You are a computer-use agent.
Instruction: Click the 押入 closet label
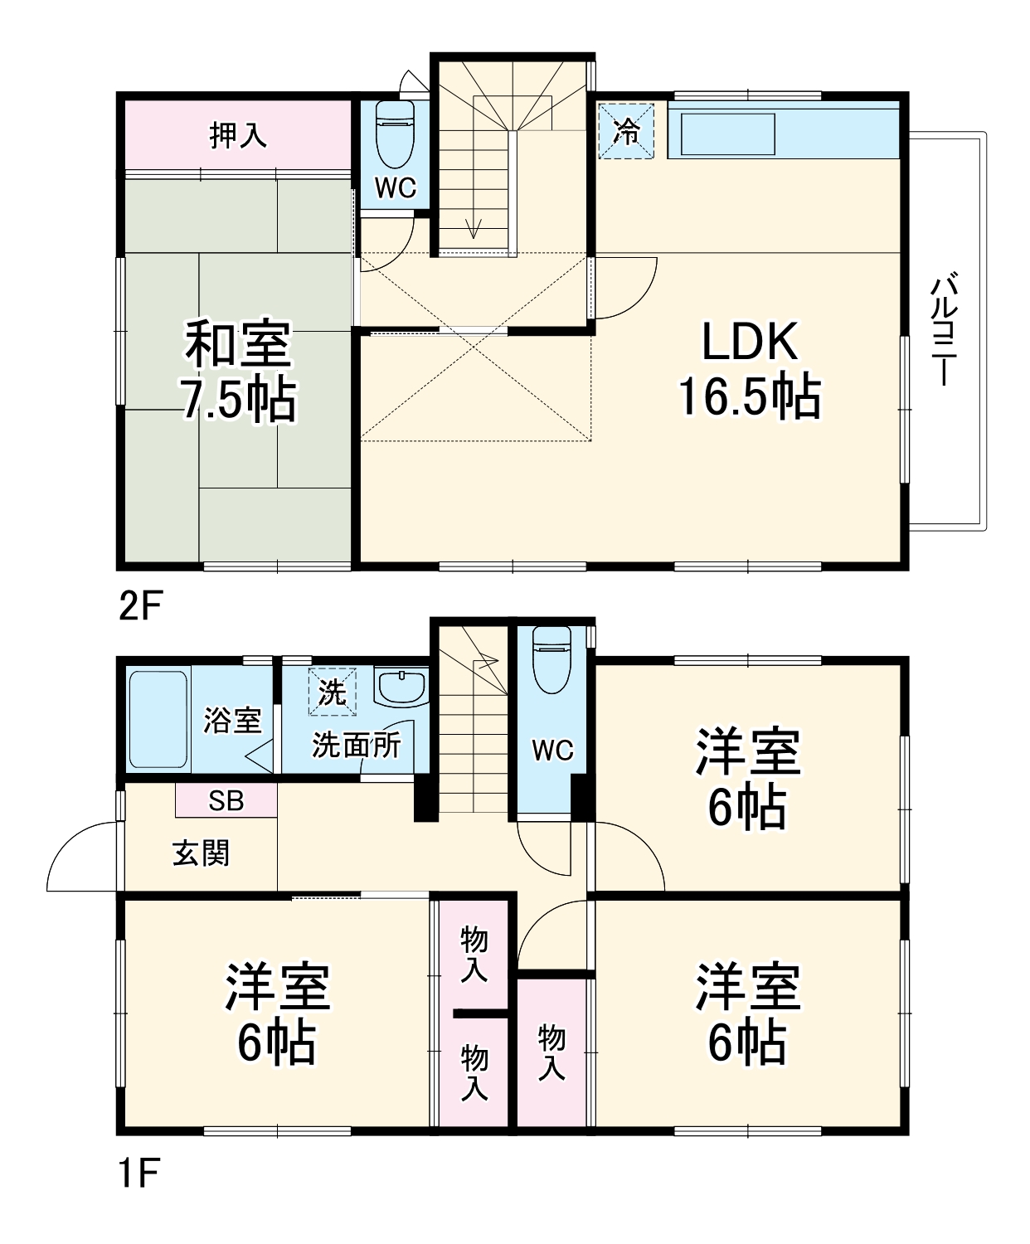point(238,134)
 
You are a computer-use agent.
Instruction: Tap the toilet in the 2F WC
point(395,133)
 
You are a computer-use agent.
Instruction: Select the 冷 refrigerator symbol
point(626,130)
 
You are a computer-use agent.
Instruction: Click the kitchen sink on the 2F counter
point(727,134)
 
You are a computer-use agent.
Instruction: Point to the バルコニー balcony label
point(944,330)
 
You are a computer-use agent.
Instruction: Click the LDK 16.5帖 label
point(749,369)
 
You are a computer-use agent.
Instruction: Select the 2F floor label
point(139,606)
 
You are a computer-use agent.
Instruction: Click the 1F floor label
point(138,1174)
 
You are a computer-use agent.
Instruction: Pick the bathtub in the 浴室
point(158,719)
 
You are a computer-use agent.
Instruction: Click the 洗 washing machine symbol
point(332,692)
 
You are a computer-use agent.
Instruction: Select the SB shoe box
point(226,800)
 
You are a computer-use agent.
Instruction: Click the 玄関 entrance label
point(201,853)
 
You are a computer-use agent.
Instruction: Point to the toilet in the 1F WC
point(551,658)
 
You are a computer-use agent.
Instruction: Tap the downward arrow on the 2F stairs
point(474,228)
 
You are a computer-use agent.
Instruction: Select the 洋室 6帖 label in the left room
point(277,1013)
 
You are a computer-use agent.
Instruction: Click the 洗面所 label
point(356,745)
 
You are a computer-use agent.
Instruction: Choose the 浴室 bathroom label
point(232,720)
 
